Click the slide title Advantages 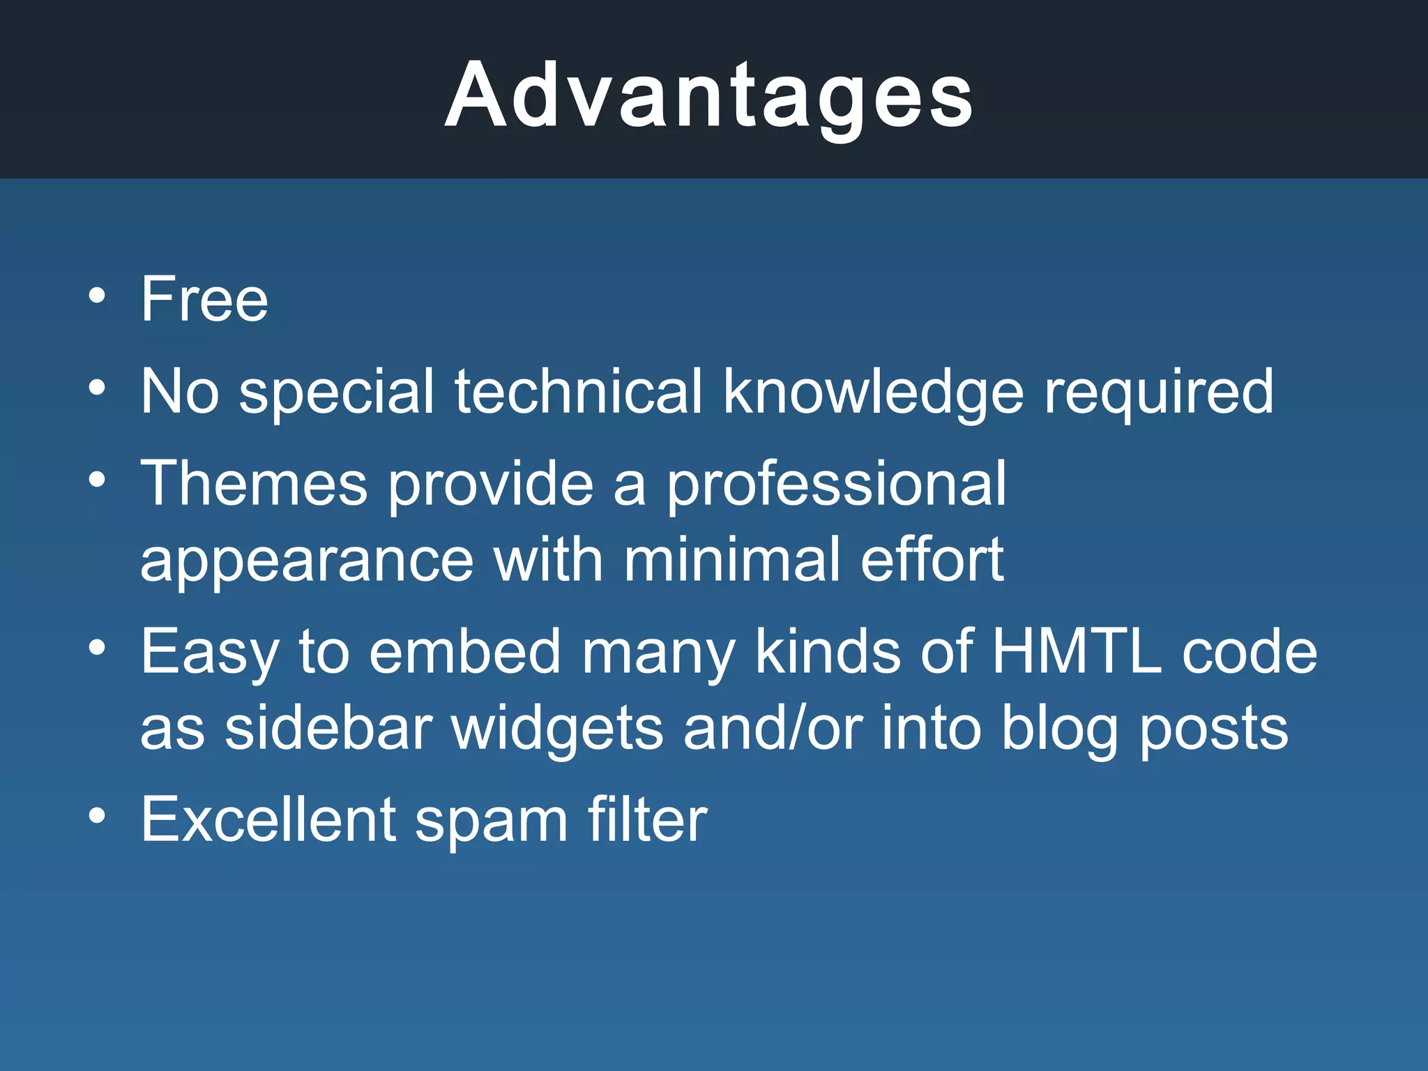coord(708,96)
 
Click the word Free coord(204,299)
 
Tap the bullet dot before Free coord(98,295)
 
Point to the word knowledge coord(873,393)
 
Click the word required coord(1158,393)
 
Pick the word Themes coord(254,484)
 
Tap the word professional coord(836,485)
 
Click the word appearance coord(307,561)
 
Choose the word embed coord(464,652)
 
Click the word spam coord(492,821)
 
